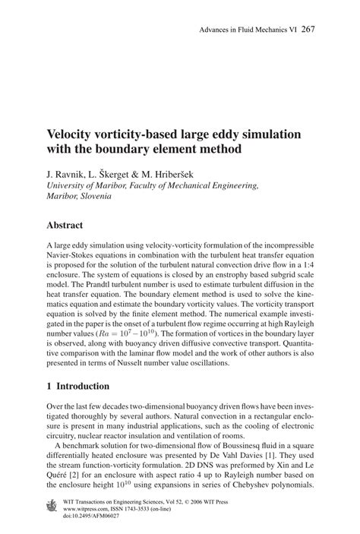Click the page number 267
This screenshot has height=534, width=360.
click(x=308, y=30)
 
